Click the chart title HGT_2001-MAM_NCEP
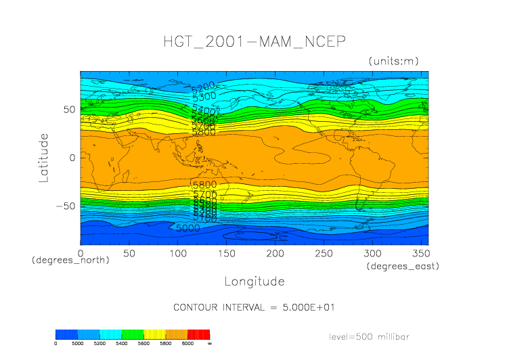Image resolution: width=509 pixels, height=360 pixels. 255,41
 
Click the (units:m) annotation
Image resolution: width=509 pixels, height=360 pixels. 394,61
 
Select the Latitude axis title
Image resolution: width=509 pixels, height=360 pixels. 44,158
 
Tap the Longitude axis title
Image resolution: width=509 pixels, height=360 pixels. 255,281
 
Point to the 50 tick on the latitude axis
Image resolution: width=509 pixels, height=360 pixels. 69,110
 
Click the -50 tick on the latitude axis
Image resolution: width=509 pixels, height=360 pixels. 66,206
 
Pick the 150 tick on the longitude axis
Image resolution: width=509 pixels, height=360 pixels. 178,253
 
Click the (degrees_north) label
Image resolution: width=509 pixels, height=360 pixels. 70,260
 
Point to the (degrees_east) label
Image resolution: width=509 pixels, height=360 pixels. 403,267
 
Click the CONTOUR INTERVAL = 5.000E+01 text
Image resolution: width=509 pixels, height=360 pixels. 255,307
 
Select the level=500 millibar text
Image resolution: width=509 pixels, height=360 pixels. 369,336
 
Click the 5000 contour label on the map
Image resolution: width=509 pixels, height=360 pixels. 187,228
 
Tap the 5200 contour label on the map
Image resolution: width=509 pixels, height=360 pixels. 203,86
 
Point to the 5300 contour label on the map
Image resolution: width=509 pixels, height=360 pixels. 204,96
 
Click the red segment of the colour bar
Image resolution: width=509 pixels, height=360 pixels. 198,334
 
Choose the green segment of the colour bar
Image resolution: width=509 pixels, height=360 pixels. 132,334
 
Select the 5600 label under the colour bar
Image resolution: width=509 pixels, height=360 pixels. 143,343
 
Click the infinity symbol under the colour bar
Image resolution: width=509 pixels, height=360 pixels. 209,343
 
